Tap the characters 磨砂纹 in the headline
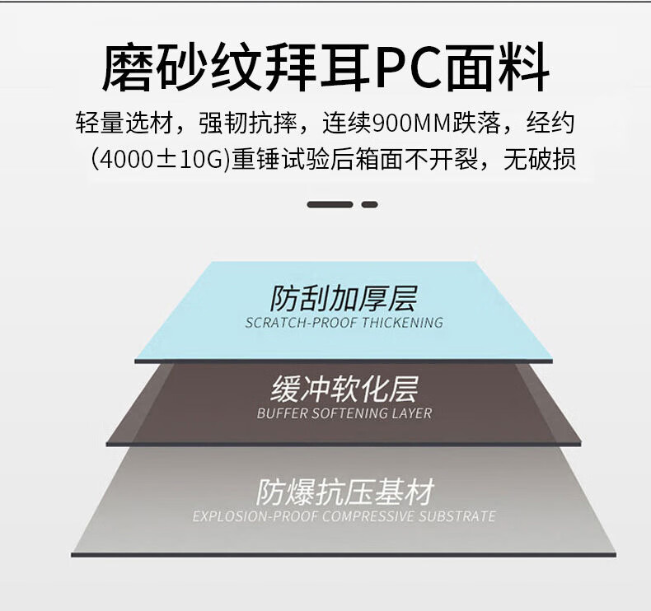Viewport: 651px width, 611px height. coord(174,69)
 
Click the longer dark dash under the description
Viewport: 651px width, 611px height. coord(330,204)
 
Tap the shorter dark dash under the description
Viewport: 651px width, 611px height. coord(370,204)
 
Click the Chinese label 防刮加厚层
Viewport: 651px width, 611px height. coord(344,298)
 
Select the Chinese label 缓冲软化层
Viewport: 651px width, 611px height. coord(344,389)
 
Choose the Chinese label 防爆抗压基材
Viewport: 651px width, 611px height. coord(344,492)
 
